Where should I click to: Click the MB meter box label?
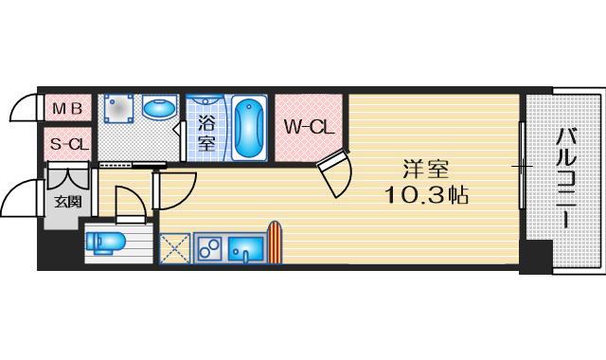pyautogui.click(x=66, y=108)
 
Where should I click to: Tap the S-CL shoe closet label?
pyautogui.click(x=66, y=144)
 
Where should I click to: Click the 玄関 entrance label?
pyautogui.click(x=66, y=201)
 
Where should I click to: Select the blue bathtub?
pyautogui.click(x=248, y=128)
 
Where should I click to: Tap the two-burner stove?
pyautogui.click(x=209, y=248)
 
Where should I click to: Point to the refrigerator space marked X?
pyautogui.click(x=175, y=248)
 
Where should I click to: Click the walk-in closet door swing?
pyautogui.click(x=337, y=173)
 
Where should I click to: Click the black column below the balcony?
pyautogui.click(x=536, y=256)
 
